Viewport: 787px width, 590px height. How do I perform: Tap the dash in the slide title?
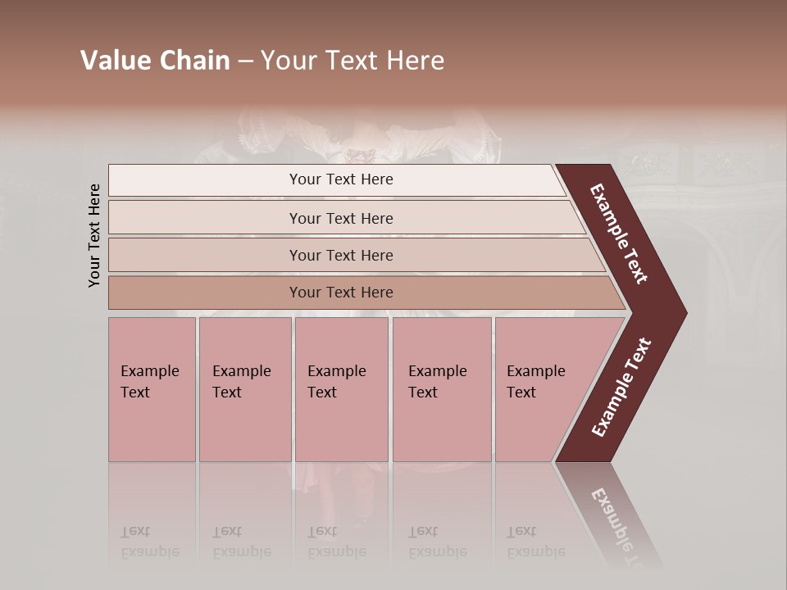pyautogui.click(x=245, y=61)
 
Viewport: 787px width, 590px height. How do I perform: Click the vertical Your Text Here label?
pyautogui.click(x=94, y=235)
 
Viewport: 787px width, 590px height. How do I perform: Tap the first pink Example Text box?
pyautogui.click(x=152, y=389)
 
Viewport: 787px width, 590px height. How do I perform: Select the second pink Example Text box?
pyautogui.click(x=245, y=389)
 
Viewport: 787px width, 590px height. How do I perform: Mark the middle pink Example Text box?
pyautogui.click(x=341, y=389)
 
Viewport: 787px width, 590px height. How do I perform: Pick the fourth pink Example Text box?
pyautogui.click(x=442, y=389)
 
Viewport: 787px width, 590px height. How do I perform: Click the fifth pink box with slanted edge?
pyautogui.click(x=545, y=389)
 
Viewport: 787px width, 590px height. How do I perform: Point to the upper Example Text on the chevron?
pyautogui.click(x=620, y=234)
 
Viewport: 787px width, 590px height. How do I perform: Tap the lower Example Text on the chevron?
pyautogui.click(x=622, y=387)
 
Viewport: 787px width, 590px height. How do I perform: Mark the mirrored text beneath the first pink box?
pyautogui.click(x=149, y=542)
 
